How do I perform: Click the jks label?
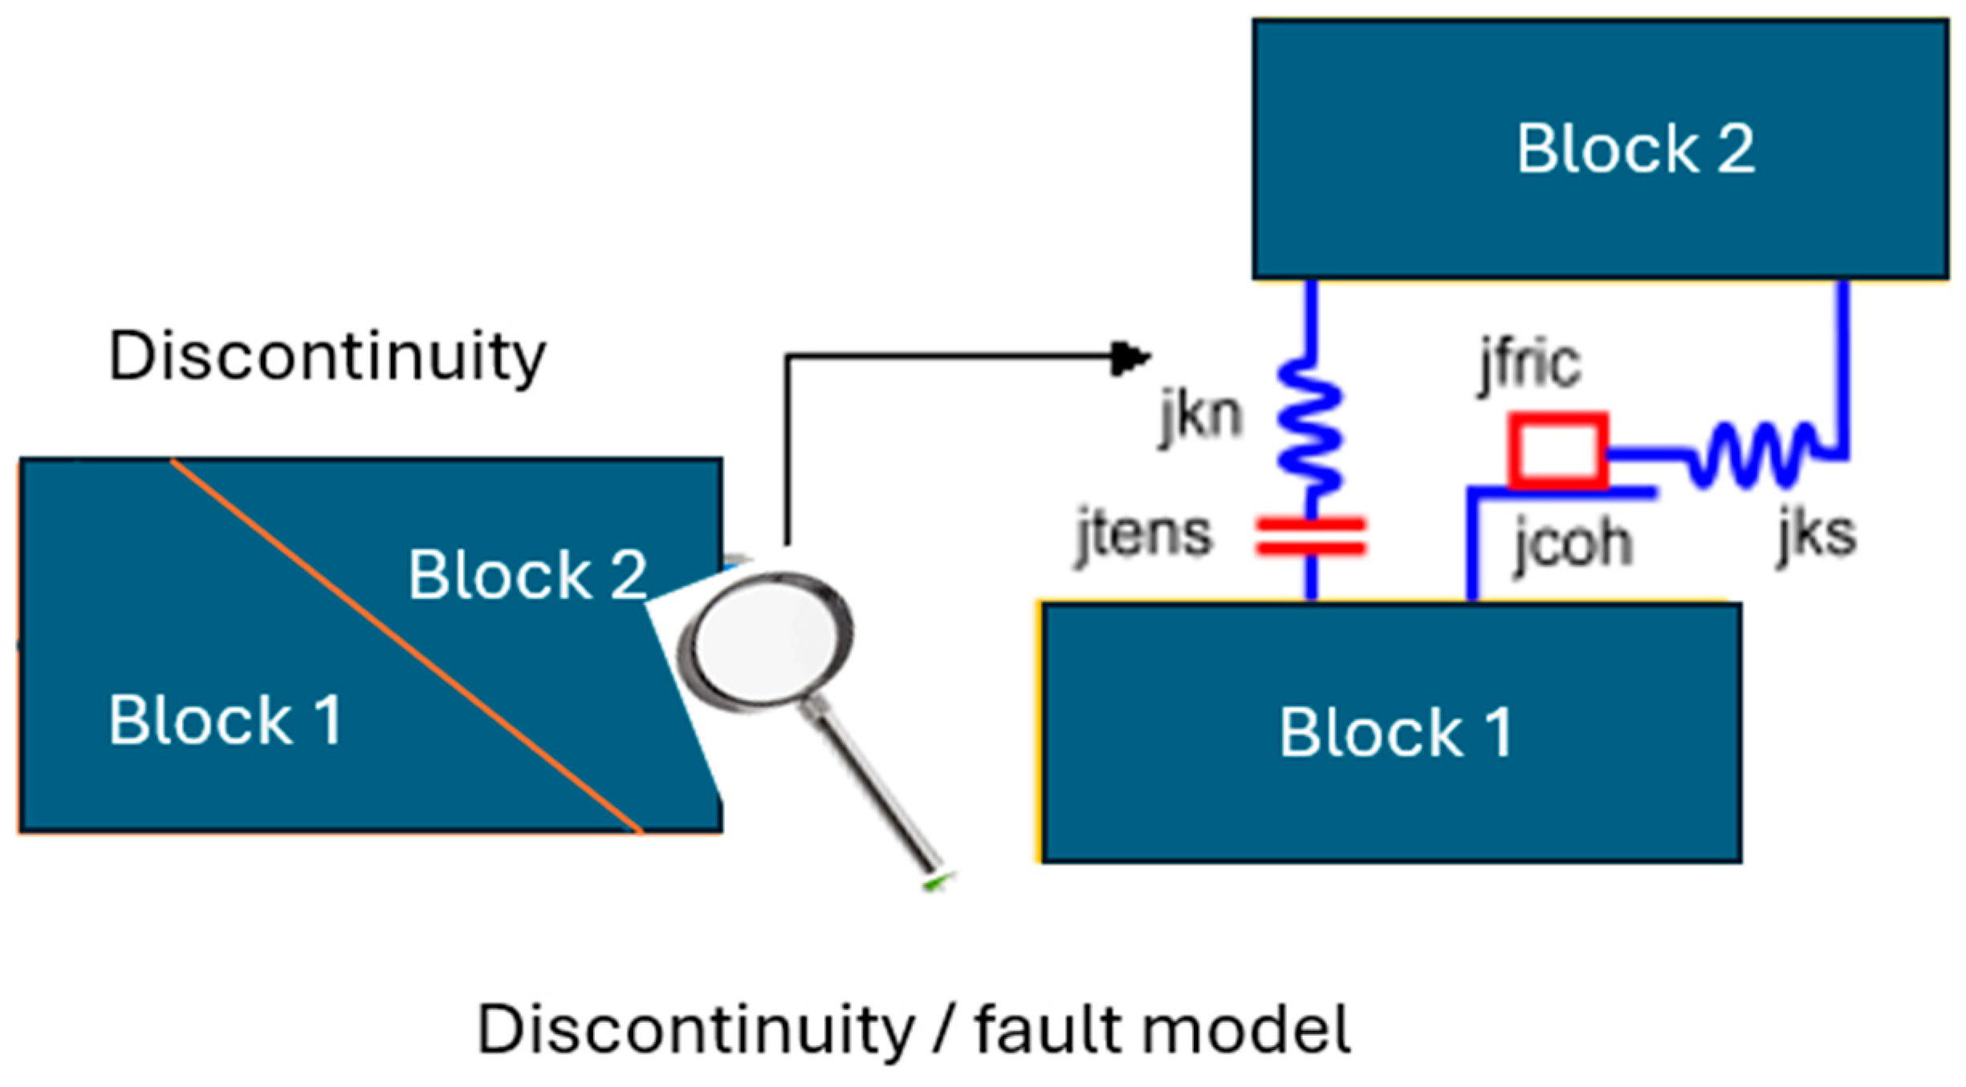point(1817,534)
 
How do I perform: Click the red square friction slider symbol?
point(1557,450)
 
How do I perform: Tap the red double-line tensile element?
point(1310,536)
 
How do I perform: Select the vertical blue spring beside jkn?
point(1309,425)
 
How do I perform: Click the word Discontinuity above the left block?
point(327,356)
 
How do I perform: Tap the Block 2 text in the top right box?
point(1635,149)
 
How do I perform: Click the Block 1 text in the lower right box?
point(1395,732)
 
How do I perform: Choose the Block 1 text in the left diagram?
point(226,720)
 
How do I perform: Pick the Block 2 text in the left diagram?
point(527,575)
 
